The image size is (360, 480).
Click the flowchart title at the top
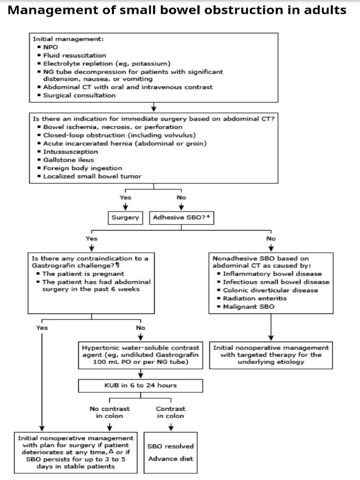[177, 10]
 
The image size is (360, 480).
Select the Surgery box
[126, 217]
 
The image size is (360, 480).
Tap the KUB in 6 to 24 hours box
[141, 385]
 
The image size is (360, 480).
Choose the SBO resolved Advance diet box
[171, 452]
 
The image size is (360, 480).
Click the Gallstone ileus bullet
[68, 160]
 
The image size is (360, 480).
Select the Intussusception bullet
[70, 152]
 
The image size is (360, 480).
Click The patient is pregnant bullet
[83, 274]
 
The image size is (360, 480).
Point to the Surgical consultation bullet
[79, 95]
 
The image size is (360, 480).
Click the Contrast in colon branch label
[171, 412]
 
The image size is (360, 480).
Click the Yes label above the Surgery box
[125, 197]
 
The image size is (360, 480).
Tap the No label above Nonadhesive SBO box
[271, 239]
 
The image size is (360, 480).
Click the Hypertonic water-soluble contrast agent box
[141, 355]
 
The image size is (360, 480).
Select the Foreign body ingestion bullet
[82, 168]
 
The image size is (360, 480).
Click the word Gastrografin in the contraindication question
[52, 266]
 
